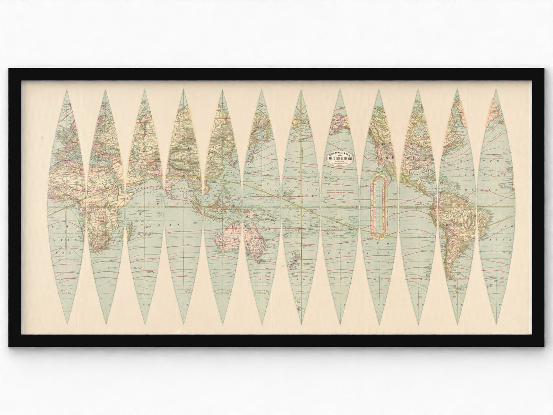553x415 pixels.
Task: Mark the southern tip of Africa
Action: (101, 251)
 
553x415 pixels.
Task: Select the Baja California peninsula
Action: (387, 168)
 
